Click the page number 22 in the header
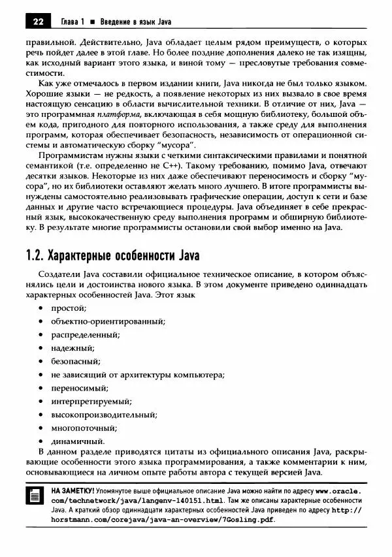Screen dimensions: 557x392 pos(37,21)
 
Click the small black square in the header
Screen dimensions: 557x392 pos(93,22)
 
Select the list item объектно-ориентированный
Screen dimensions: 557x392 pos(107,321)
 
